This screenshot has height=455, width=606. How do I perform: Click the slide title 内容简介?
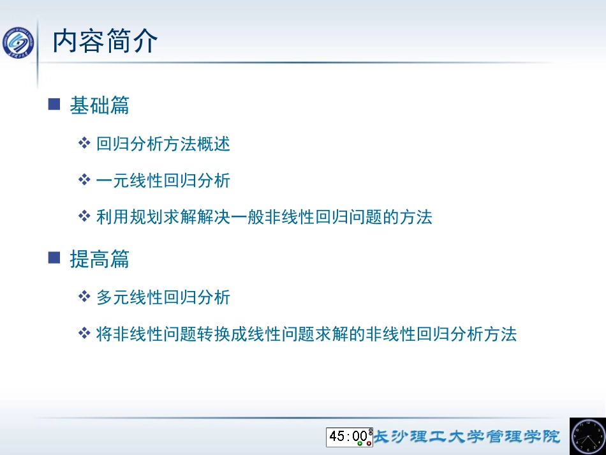pyautogui.click(x=105, y=42)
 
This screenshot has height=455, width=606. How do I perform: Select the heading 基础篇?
pyautogui.click(x=100, y=105)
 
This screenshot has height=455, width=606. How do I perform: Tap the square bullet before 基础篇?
pyautogui.click(x=54, y=104)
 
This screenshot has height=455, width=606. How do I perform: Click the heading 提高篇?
pyautogui.click(x=100, y=258)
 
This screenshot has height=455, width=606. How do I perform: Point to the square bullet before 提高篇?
pyautogui.click(x=54, y=257)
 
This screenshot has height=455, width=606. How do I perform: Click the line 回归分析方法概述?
pyautogui.click(x=163, y=144)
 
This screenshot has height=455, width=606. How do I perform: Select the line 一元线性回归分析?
pyautogui.click(x=163, y=181)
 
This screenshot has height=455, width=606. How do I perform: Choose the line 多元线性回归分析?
pyautogui.click(x=163, y=297)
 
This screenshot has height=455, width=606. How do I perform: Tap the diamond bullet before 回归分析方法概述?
pyautogui.click(x=84, y=143)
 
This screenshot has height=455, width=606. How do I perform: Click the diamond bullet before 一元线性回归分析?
pyautogui.click(x=84, y=180)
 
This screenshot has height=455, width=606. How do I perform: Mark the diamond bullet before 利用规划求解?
pyautogui.click(x=84, y=216)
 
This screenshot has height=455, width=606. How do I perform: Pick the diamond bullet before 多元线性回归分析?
pyautogui.click(x=84, y=296)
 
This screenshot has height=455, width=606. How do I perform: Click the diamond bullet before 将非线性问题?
pyautogui.click(x=84, y=333)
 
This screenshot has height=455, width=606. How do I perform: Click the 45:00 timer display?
pyautogui.click(x=348, y=436)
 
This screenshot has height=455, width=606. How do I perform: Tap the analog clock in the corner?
pyautogui.click(x=588, y=436)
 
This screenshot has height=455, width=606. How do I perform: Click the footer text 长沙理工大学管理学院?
pyautogui.click(x=466, y=436)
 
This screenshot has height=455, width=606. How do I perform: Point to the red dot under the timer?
pyautogui.click(x=369, y=444)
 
